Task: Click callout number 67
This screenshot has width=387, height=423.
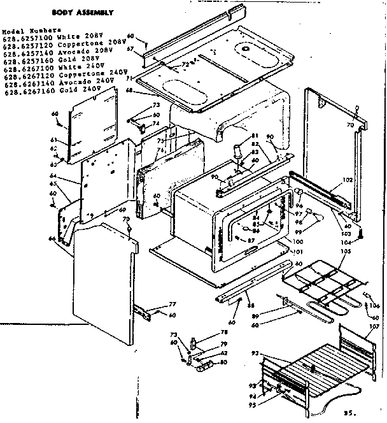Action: coord(130,50)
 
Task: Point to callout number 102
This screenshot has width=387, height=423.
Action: coord(348,180)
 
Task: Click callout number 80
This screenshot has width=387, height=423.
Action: coord(223,364)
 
